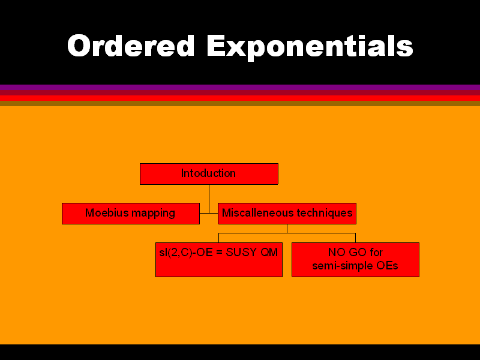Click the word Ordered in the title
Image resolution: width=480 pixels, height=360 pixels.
131,46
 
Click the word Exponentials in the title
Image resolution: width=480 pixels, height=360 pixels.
310,47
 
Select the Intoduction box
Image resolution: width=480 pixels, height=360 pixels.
209,174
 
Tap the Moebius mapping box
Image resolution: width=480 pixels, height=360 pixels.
131,214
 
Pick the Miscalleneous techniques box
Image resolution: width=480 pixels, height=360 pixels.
287,214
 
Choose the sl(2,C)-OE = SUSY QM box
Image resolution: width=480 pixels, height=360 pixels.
219,260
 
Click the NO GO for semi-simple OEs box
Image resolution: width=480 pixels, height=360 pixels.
355,260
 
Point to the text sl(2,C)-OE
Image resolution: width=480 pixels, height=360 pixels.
186,253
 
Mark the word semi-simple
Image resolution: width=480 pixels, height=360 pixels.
343,266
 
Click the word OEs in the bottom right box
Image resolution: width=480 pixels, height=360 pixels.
387,265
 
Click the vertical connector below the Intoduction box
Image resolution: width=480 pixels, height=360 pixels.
209,199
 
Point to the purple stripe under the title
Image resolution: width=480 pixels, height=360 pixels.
240,87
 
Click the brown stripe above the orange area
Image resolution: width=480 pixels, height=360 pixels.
240,103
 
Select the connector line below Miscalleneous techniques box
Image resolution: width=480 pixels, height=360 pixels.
287,233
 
